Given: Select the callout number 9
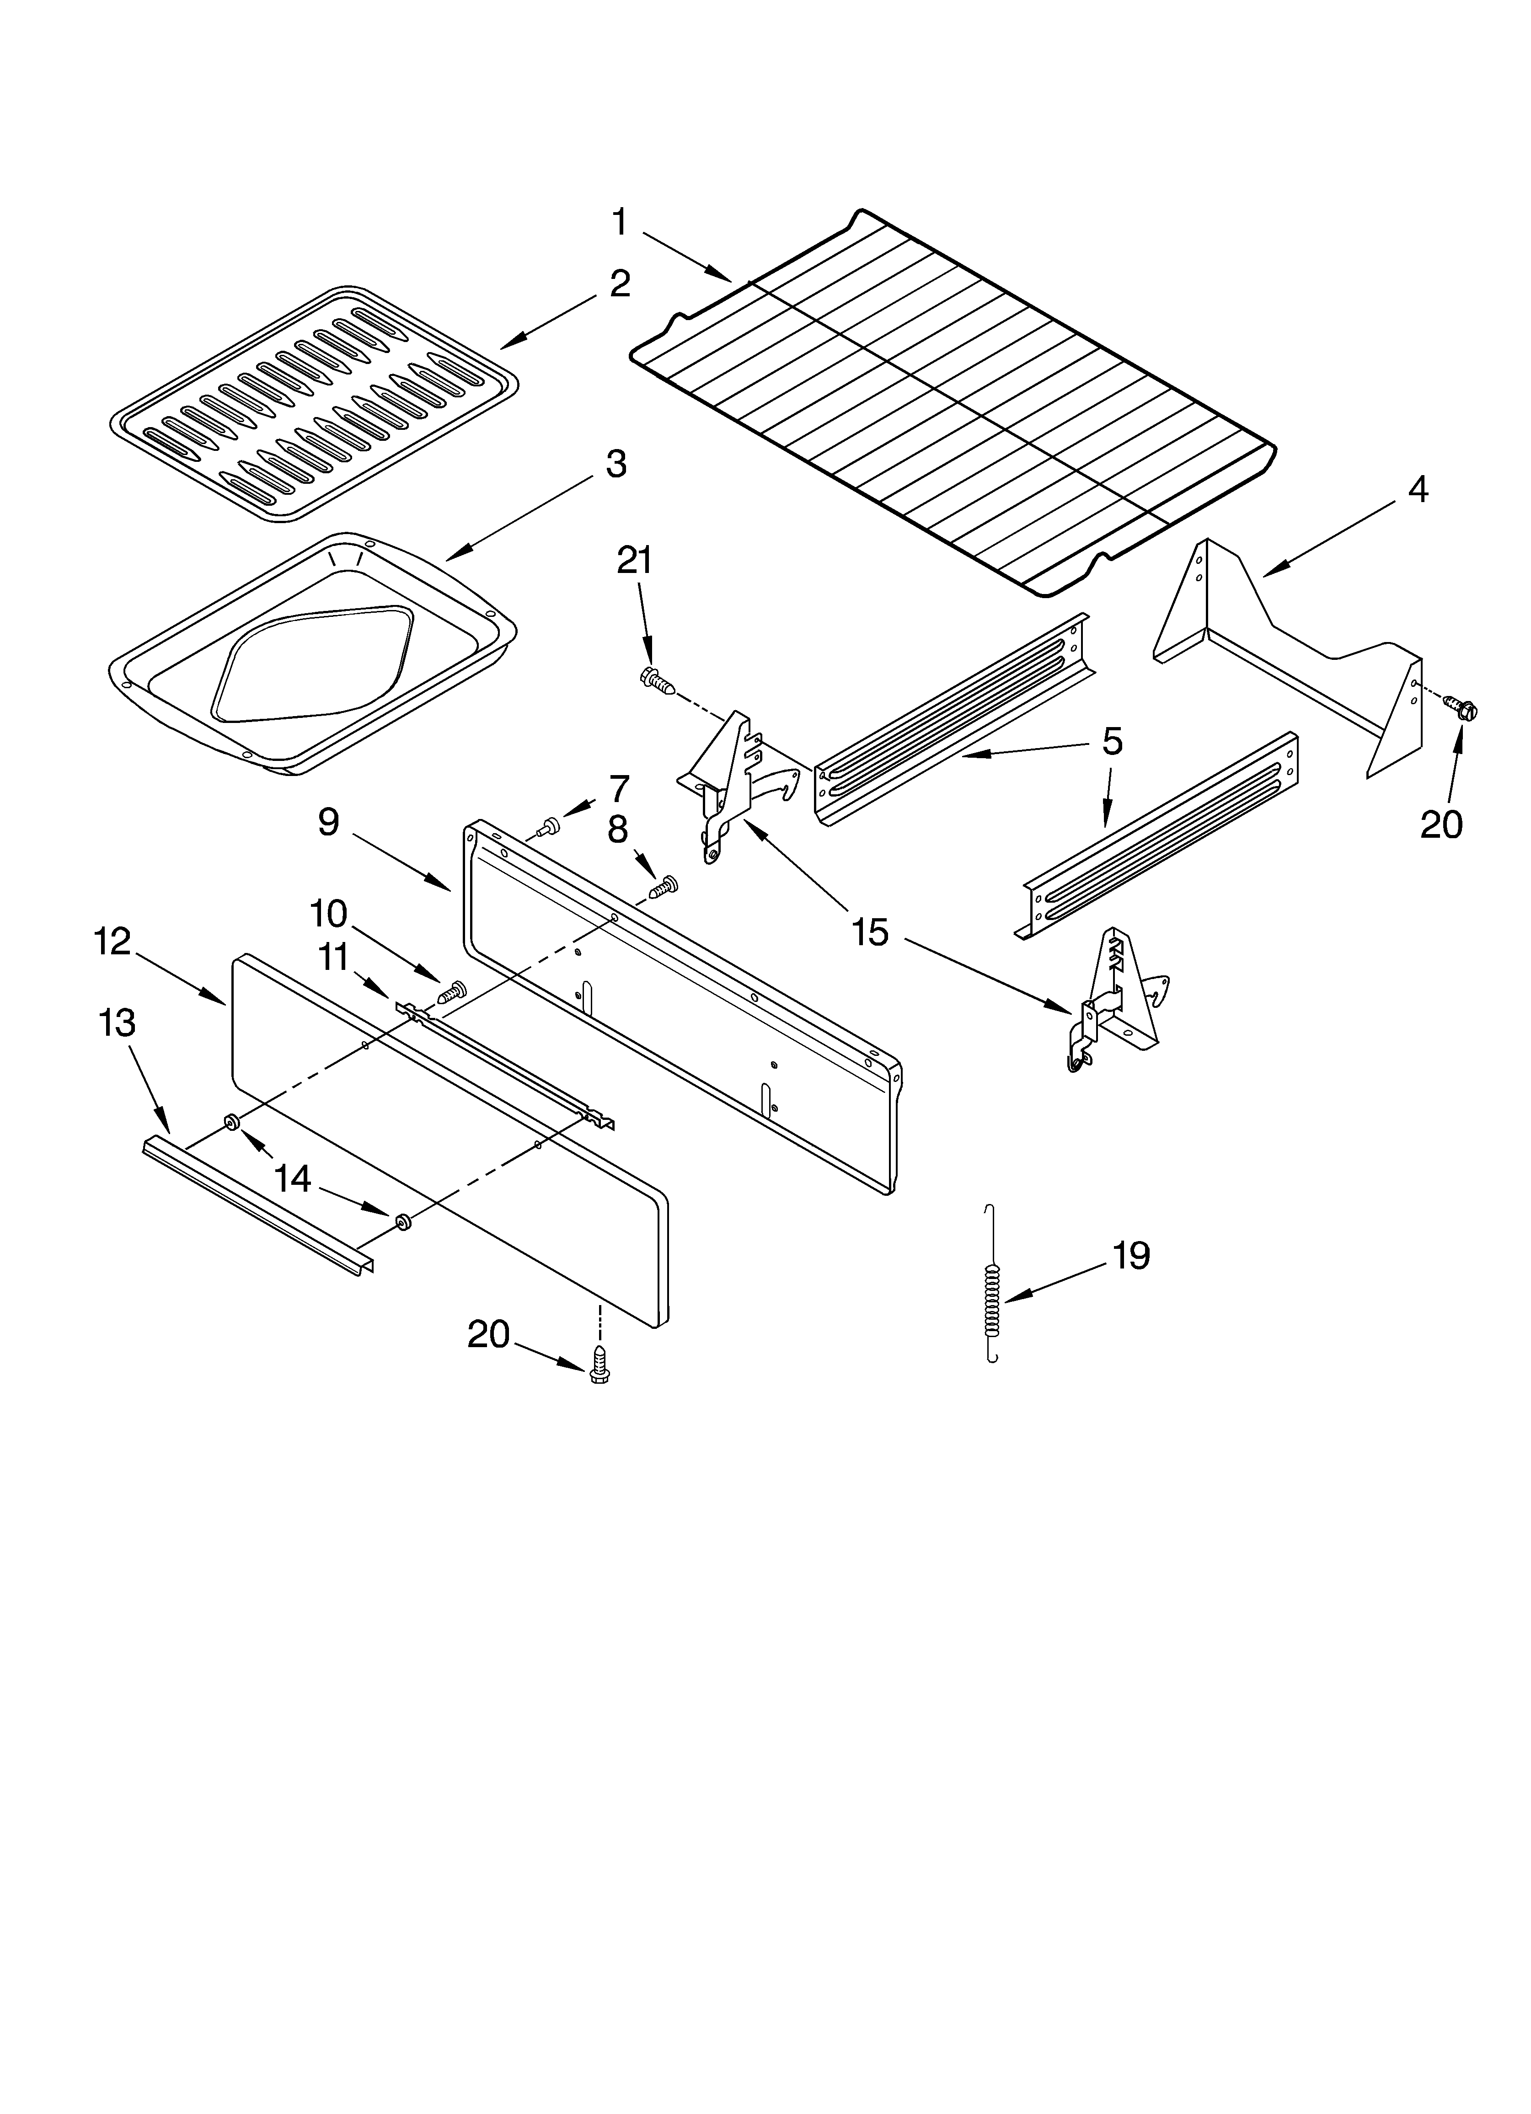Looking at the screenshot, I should coord(328,822).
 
